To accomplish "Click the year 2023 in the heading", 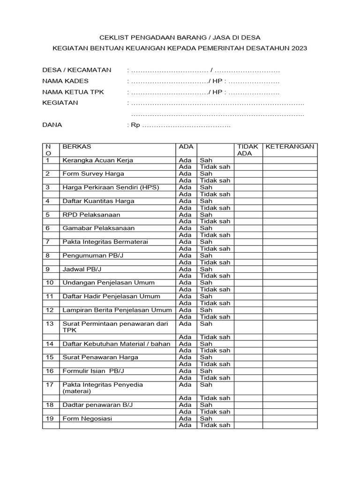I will point(298,48).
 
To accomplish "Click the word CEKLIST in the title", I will point(116,37).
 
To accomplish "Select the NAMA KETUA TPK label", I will point(73,92).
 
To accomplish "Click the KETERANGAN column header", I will point(290,147).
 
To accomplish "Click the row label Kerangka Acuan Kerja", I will point(98,160).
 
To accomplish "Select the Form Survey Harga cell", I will point(93,174).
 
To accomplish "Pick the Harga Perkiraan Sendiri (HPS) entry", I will point(111,187).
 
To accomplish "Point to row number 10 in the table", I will point(50,283).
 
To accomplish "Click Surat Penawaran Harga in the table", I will point(100,357).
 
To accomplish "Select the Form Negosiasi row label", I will point(87,419).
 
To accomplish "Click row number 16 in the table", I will point(50,371).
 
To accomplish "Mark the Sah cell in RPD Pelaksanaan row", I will point(206,215).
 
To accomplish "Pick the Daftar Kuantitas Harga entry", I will point(98,201).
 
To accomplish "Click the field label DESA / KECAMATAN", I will point(77,70).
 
